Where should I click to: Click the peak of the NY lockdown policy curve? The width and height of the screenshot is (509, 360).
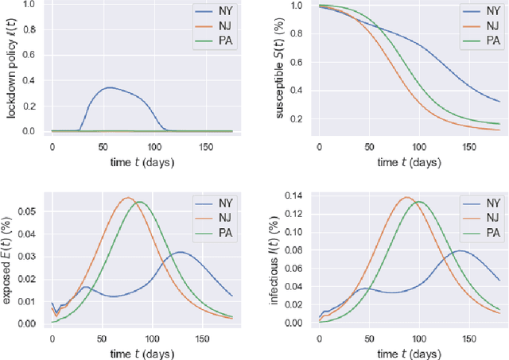(108, 87)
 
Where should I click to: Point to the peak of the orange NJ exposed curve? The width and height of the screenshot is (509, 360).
(127, 198)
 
